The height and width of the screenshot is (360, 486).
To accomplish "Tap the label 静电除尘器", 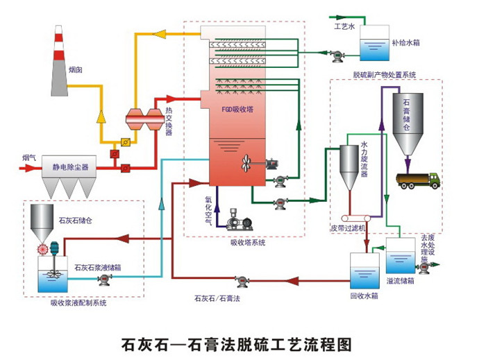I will (x=70, y=167).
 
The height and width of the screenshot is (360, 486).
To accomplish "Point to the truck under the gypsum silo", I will (x=417, y=180).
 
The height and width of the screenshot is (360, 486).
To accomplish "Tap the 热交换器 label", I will (x=169, y=122).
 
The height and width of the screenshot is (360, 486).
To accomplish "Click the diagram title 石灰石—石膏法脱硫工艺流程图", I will (x=242, y=343).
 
